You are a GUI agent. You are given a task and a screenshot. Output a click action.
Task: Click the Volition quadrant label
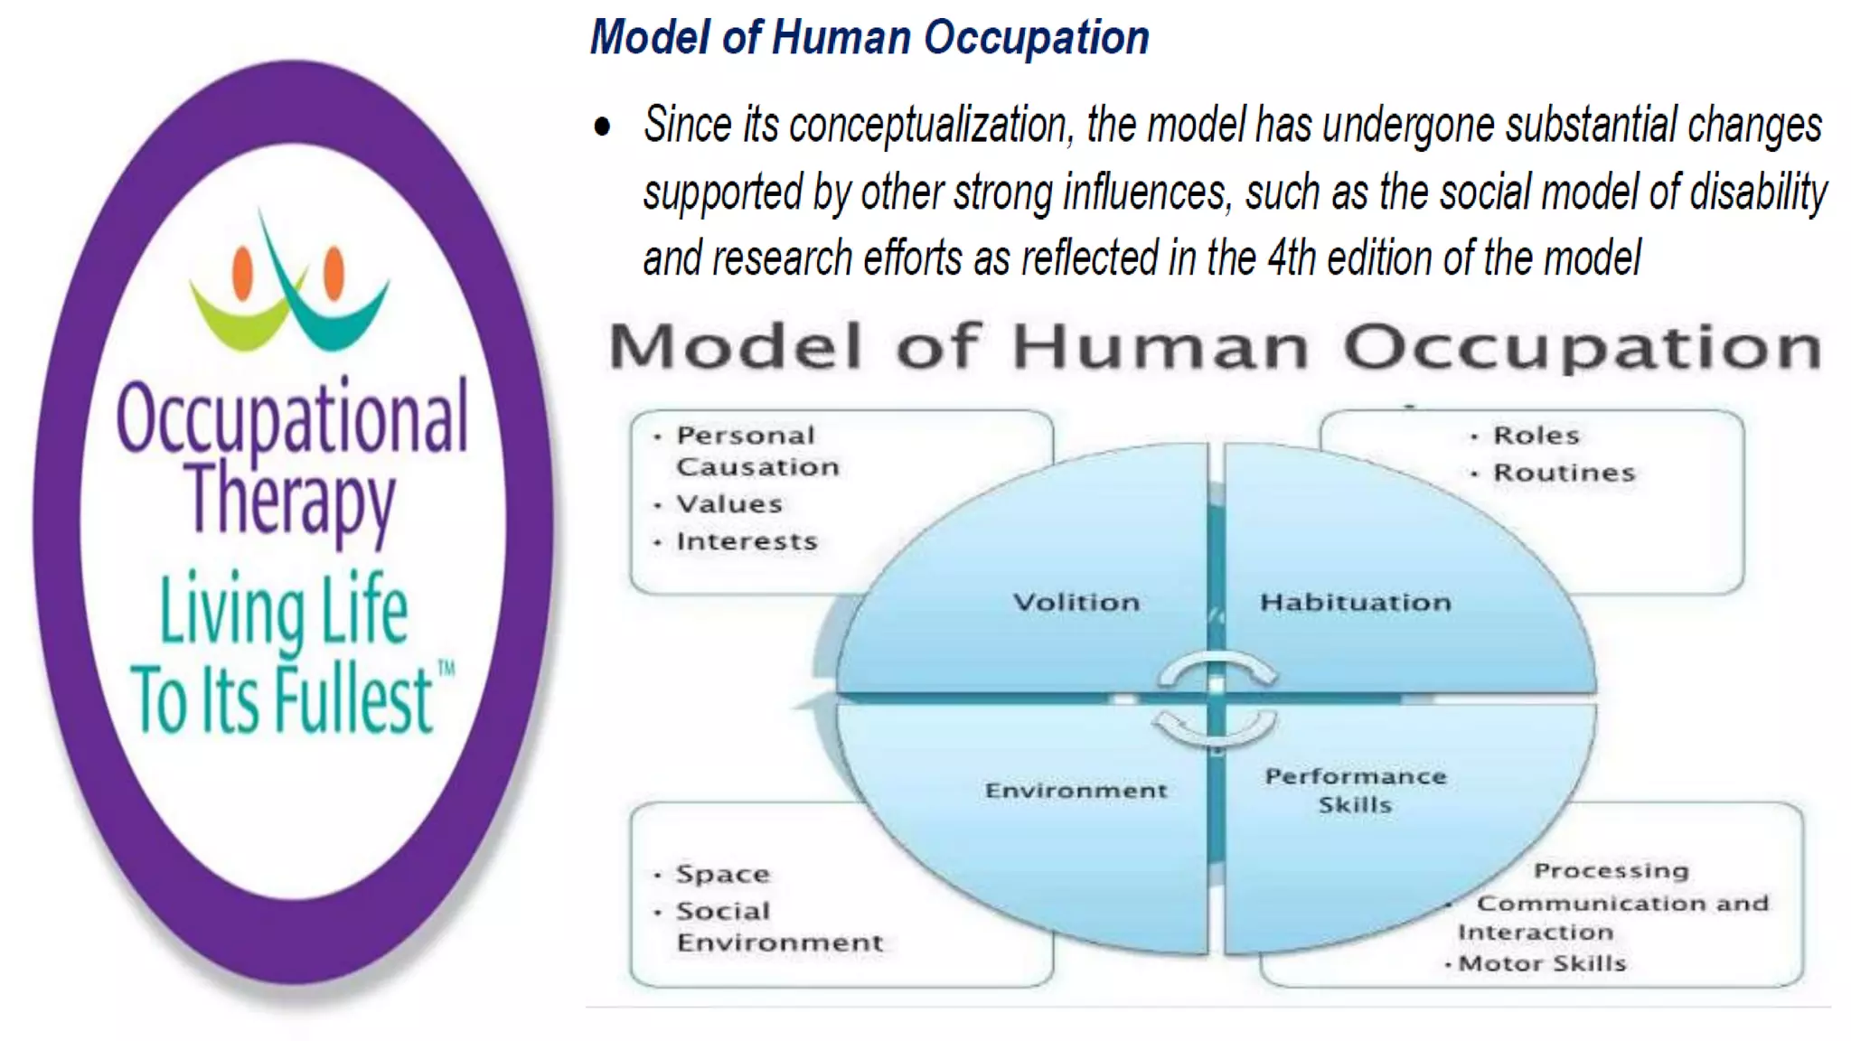[1076, 602]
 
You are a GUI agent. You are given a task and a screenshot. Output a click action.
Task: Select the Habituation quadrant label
[1355, 602]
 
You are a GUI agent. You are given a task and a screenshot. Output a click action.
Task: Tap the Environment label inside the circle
[1076, 791]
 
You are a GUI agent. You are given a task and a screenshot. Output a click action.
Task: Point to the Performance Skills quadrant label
[1355, 790]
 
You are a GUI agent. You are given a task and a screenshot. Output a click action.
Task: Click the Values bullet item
[728, 504]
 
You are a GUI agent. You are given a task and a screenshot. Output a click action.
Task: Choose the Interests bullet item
[747, 541]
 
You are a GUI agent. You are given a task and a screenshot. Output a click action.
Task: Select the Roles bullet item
[1536, 436]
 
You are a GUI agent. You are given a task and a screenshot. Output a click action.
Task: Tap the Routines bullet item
[1564, 473]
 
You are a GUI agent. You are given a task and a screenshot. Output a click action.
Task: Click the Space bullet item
[722, 874]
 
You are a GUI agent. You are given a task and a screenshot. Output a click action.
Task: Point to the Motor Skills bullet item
[1542, 963]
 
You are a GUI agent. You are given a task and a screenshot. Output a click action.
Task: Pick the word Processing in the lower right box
[1611, 870]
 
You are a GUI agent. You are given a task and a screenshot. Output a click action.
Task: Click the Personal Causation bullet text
[756, 451]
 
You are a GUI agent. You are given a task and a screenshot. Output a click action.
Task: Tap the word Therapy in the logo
[290, 499]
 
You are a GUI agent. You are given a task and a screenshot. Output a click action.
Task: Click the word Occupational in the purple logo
[292, 417]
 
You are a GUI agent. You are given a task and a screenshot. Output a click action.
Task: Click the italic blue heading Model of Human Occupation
[869, 38]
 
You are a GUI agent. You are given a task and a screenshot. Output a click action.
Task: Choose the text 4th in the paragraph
[1292, 258]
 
